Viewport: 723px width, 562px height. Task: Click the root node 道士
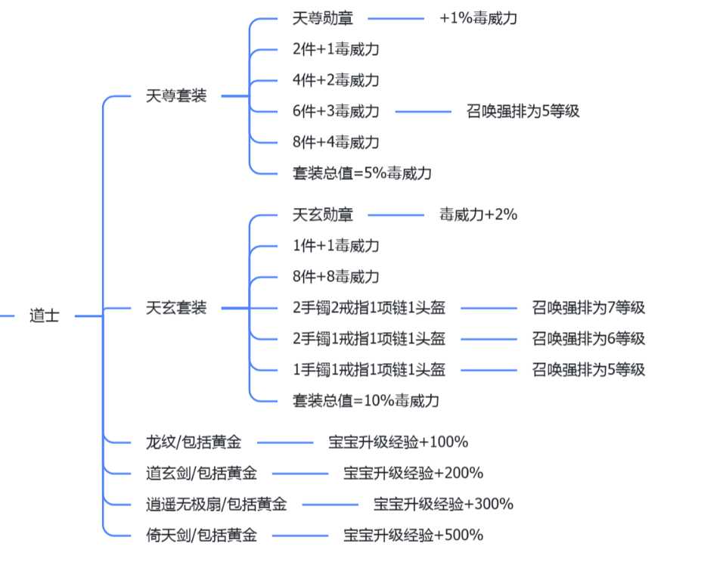[x=45, y=316]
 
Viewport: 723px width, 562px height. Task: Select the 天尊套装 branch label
[x=175, y=96]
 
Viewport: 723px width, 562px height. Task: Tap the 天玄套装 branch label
[x=175, y=308]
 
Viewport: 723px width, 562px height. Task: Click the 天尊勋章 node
[x=322, y=18]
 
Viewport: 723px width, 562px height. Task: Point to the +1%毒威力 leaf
[x=478, y=18]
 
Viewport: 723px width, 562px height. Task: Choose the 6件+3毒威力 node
[x=335, y=111]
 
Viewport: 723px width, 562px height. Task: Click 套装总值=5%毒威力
[x=361, y=173]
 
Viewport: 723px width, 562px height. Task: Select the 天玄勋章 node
[x=322, y=215]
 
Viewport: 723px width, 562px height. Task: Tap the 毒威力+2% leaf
[x=478, y=215]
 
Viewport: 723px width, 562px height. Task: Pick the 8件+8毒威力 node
[x=335, y=277]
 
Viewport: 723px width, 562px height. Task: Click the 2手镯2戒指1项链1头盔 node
[x=368, y=308]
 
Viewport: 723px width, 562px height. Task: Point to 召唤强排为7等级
[x=588, y=308]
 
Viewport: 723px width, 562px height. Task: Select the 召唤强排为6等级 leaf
[x=588, y=339]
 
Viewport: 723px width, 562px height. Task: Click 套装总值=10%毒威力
[x=365, y=401]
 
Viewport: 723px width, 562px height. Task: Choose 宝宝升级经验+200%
[x=413, y=474]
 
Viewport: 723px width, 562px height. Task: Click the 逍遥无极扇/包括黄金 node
[x=216, y=505]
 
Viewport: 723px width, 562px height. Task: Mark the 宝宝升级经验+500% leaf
[x=413, y=536]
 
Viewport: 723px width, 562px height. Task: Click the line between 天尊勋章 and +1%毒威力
[x=396, y=18]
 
